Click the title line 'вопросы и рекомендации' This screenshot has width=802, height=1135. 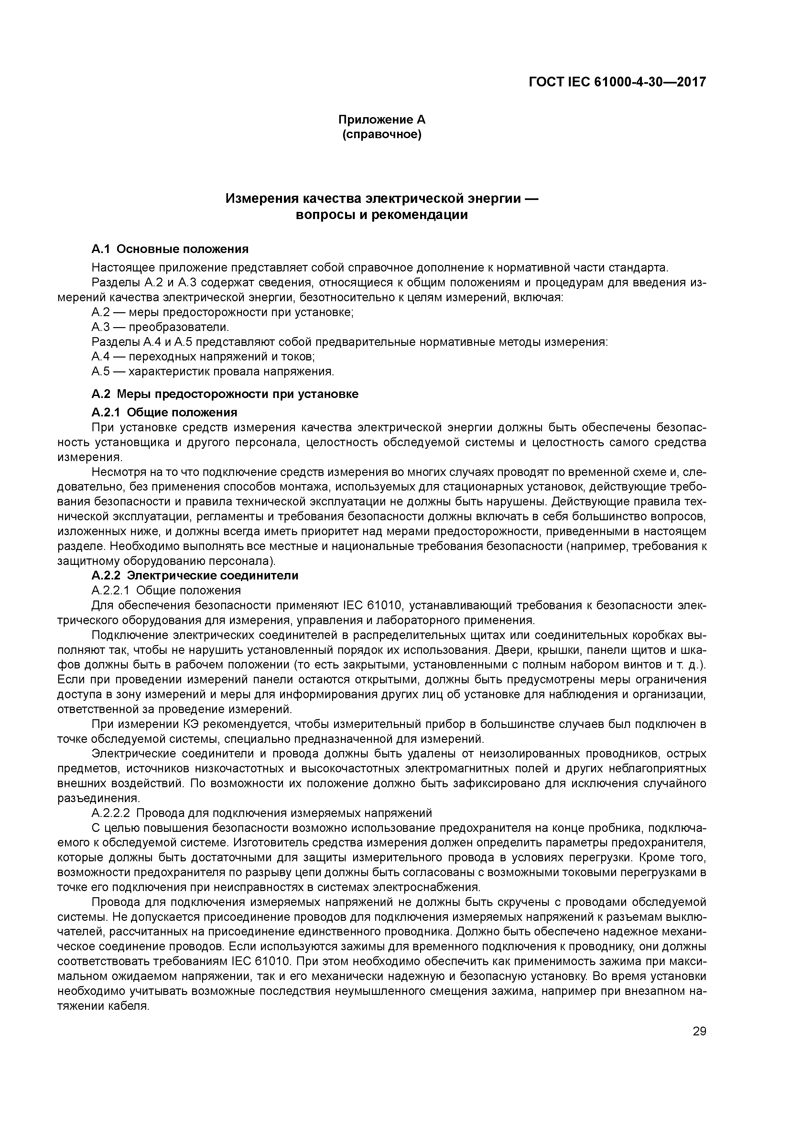(x=382, y=215)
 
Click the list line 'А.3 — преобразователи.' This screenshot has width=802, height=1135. (x=160, y=327)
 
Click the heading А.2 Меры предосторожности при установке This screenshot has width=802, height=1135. (x=225, y=394)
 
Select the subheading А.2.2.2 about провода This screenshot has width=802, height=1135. (x=261, y=813)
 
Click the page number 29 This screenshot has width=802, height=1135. (x=699, y=1031)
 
